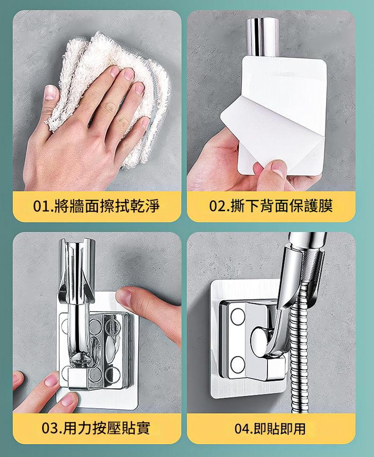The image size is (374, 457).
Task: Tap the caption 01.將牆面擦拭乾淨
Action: point(97,206)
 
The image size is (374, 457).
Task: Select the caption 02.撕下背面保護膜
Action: point(271,206)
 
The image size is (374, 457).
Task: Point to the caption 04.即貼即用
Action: point(270,429)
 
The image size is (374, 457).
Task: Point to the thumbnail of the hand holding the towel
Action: point(50,93)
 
